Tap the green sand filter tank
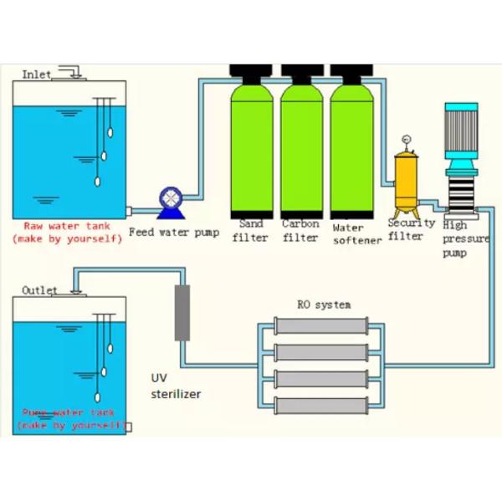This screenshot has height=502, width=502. (254, 146)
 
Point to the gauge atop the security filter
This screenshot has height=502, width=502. (407, 138)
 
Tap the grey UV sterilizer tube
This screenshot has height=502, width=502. (182, 311)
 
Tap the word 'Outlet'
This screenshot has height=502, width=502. (39, 290)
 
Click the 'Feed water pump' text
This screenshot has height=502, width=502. (174, 232)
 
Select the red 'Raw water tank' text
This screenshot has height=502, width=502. (67, 226)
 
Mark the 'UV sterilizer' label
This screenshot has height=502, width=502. (175, 386)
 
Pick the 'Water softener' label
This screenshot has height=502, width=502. (356, 233)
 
